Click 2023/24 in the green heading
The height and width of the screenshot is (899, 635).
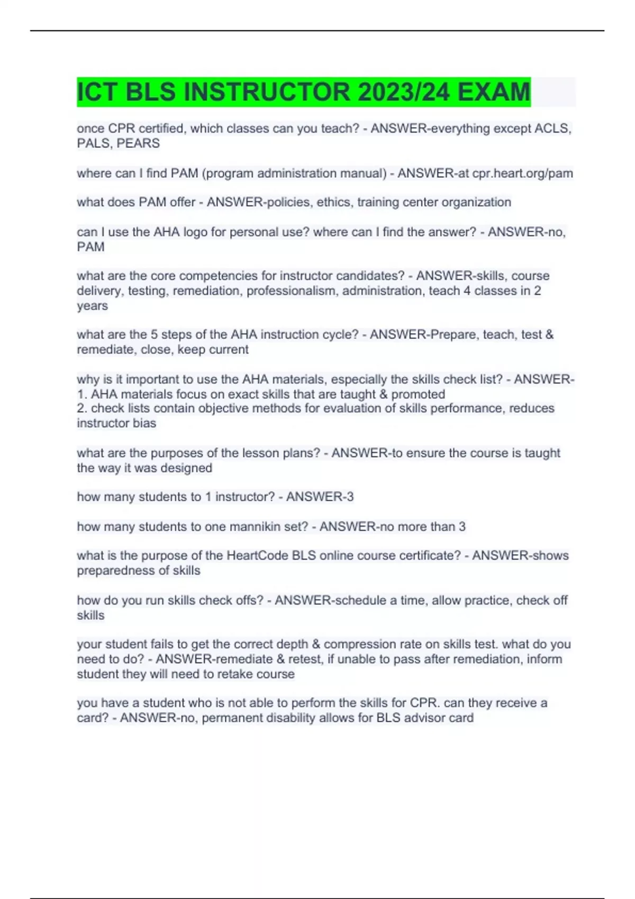point(404,92)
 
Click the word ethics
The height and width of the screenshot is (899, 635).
point(333,202)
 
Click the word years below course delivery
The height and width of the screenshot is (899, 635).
point(92,306)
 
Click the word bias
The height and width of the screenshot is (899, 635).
point(145,423)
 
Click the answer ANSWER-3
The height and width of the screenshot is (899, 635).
point(320,497)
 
